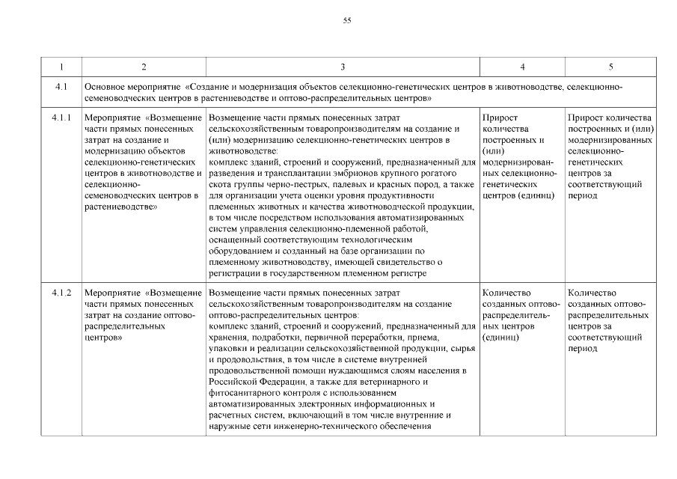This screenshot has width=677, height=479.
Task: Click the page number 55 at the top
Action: [346, 20]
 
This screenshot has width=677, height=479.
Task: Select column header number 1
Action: [61, 67]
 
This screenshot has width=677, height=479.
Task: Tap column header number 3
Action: [342, 67]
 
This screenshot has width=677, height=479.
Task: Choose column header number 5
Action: [610, 67]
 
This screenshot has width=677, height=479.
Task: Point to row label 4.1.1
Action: [61, 118]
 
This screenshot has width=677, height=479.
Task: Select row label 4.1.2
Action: [61, 293]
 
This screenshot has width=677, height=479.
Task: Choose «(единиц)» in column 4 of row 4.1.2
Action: [501, 338]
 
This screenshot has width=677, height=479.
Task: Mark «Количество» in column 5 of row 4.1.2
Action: [592, 293]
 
